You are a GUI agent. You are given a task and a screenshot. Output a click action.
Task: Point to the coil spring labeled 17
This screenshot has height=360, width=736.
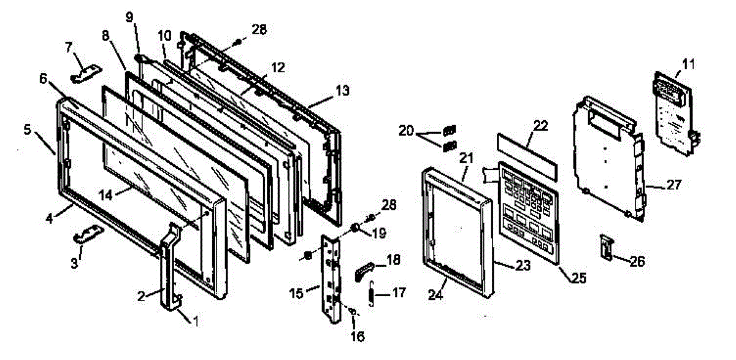point(371,293)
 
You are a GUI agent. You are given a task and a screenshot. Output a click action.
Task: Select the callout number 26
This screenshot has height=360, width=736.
point(638,261)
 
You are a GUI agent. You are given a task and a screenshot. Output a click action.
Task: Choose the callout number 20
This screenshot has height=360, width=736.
point(405,131)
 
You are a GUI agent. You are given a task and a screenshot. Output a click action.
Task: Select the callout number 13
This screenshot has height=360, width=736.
point(342,90)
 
